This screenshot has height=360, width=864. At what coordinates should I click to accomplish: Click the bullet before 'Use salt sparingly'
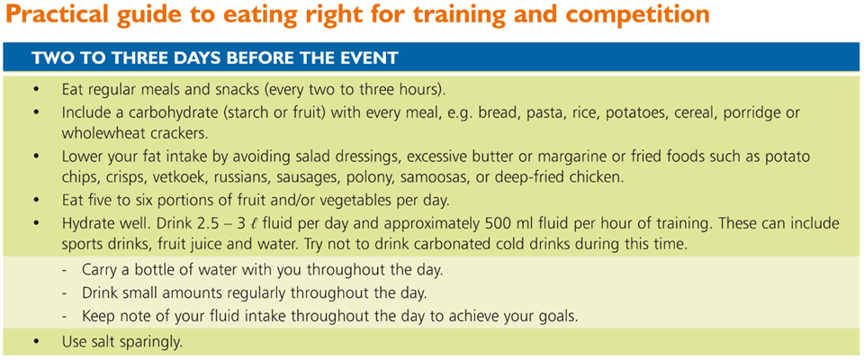pos(36,342)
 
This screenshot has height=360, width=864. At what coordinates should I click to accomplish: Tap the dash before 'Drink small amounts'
pos(66,294)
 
